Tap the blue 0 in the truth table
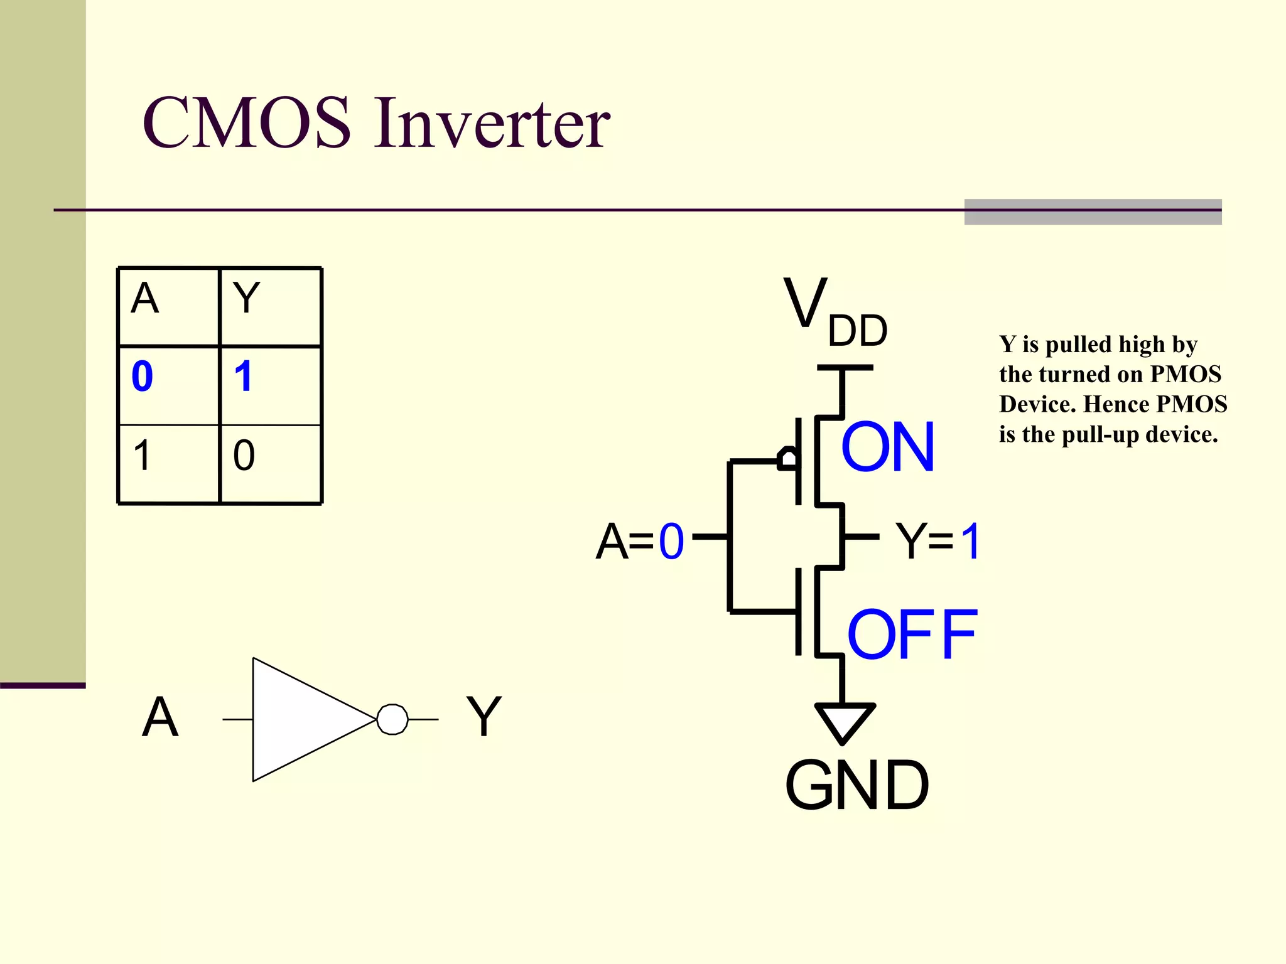pyautogui.click(x=143, y=377)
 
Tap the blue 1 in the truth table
pyautogui.click(x=243, y=377)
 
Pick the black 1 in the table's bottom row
pyautogui.click(x=142, y=455)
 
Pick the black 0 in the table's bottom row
pyautogui.click(x=244, y=455)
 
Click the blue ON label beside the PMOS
pyautogui.click(x=887, y=447)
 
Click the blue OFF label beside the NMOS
pyautogui.click(x=912, y=635)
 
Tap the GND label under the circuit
pyautogui.click(x=856, y=785)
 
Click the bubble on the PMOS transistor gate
pyautogui.click(x=787, y=459)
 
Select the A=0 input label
pyautogui.click(x=639, y=541)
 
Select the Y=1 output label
pyautogui.click(x=937, y=541)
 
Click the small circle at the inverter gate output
pyautogui.click(x=392, y=719)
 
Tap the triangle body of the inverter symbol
pyautogui.click(x=301, y=719)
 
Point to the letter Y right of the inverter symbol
pyautogui.click(x=484, y=717)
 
